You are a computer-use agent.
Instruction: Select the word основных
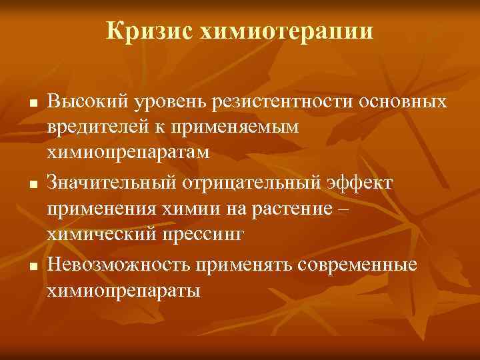403,103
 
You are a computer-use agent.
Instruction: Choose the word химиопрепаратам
127,152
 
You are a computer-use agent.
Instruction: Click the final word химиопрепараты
123,291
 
